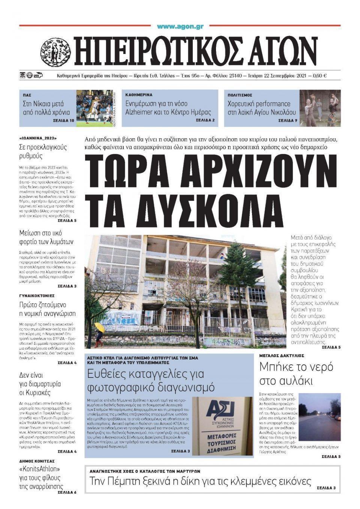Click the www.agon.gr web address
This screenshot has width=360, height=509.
pos(180,27)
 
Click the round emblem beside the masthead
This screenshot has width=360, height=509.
pos(55,52)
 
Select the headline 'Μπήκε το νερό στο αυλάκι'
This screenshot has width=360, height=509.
pos(296,374)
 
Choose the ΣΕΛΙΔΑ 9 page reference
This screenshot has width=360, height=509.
pos(288,121)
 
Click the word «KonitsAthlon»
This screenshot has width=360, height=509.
pos(40,469)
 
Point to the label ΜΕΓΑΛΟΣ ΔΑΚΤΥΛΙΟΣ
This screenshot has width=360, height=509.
pos(282,355)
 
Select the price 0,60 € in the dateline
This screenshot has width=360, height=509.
pos(319,75)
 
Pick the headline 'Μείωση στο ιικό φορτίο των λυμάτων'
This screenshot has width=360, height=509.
pos(46,237)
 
